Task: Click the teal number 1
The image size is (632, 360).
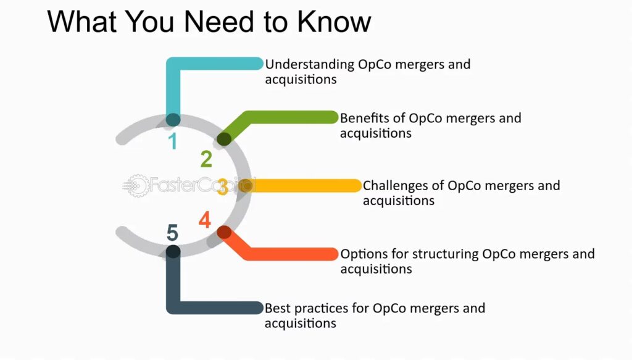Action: coord(173,141)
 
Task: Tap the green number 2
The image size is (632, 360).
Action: coord(206,159)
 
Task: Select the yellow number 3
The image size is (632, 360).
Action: coord(222,186)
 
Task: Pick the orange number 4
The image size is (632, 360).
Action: coord(205,220)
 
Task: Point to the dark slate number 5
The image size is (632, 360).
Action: coord(173,233)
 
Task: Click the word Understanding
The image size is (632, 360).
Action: coord(310,65)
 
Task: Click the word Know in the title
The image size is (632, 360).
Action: coord(334,22)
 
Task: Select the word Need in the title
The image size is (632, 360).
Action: coord(219,22)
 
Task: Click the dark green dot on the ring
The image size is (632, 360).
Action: coord(224,139)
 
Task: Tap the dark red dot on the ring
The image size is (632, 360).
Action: coord(224,233)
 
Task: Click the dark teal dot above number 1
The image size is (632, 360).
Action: coord(173,120)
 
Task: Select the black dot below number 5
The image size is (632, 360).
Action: coord(173,251)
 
